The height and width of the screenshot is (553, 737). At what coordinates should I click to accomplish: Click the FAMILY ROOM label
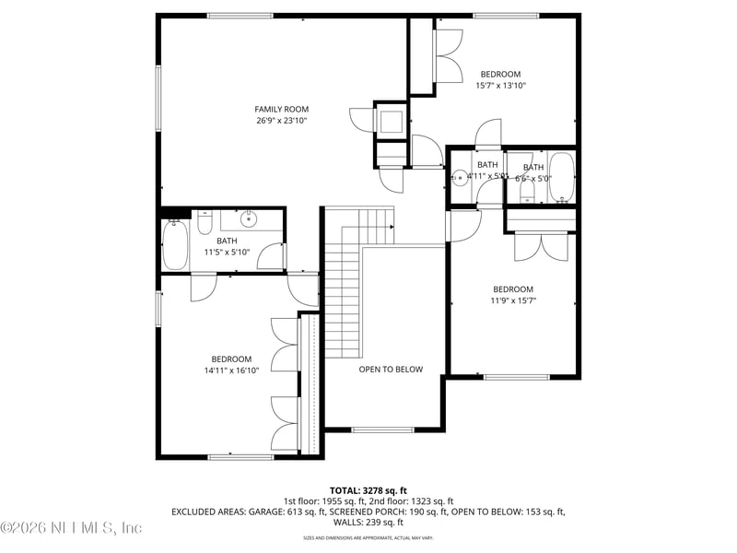click(282, 109)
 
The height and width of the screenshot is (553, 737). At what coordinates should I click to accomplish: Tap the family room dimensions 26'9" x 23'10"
click(282, 121)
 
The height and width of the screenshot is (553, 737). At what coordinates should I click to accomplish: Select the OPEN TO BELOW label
click(391, 370)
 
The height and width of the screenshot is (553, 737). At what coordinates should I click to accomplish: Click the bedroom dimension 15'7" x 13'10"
click(500, 86)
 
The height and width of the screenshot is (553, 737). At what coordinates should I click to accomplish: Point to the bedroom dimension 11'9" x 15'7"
click(512, 300)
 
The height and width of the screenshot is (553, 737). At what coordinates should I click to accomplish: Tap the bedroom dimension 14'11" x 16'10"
click(230, 371)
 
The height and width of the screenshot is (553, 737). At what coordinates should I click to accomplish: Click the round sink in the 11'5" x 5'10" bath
click(249, 219)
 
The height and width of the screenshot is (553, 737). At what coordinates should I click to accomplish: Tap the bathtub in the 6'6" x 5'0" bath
click(561, 179)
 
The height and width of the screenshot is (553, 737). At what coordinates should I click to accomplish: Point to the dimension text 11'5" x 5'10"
click(227, 252)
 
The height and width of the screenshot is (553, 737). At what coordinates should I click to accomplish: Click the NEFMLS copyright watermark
click(72, 528)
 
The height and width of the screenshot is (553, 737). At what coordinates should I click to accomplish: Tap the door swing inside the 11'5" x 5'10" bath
click(271, 256)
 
